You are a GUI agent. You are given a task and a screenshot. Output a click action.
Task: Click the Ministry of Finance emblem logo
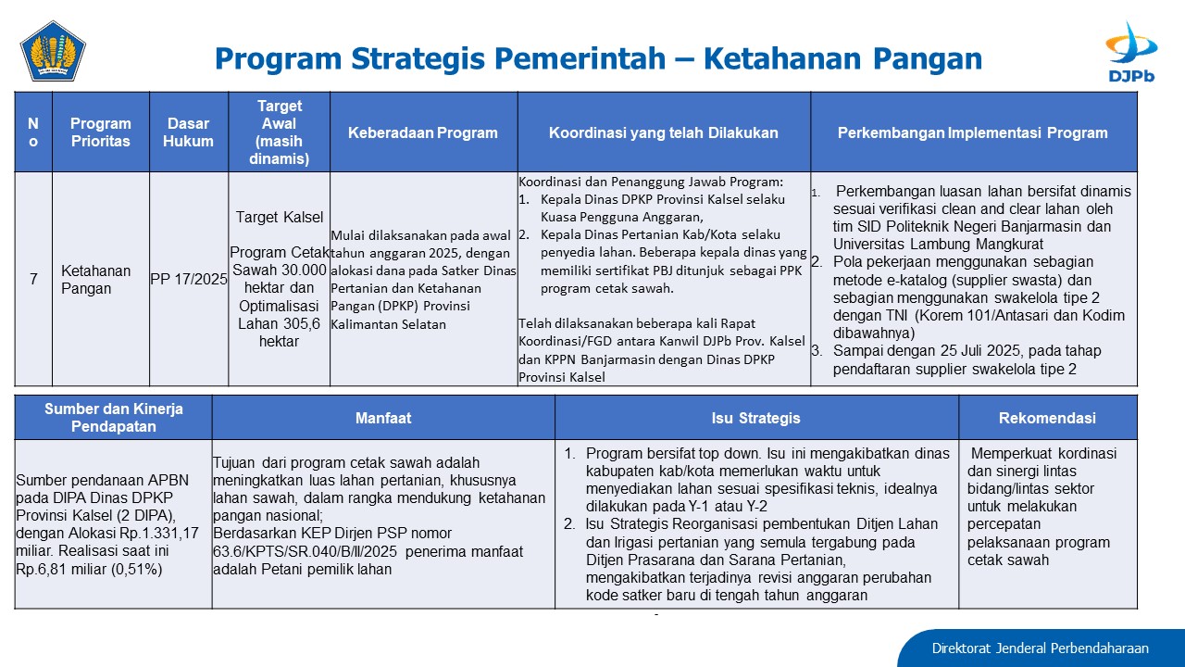point(53,51)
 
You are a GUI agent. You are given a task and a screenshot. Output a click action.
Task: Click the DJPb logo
point(1131,52)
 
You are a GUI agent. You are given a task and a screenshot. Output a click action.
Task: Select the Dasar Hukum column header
point(188,132)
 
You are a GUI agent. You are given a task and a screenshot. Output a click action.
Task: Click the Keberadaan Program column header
point(423,132)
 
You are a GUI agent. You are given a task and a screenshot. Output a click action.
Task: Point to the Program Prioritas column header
point(101,132)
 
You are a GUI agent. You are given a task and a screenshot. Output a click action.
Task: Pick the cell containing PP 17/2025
point(189,279)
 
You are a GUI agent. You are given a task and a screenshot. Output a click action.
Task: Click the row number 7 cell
point(33,279)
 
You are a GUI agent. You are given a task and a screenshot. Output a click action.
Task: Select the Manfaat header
point(383,418)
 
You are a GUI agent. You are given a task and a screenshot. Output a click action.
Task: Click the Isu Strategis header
point(756,418)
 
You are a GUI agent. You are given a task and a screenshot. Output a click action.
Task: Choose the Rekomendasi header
point(1047,418)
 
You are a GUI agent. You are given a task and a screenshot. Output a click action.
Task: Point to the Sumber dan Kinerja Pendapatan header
point(113,418)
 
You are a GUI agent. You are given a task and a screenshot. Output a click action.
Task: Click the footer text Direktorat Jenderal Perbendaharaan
point(1040,648)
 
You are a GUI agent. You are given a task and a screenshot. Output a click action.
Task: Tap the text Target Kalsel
point(280,217)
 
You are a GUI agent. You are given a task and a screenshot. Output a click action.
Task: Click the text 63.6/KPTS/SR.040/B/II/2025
point(306,551)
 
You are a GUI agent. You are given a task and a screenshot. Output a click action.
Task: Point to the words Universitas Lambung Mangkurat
point(938,244)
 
